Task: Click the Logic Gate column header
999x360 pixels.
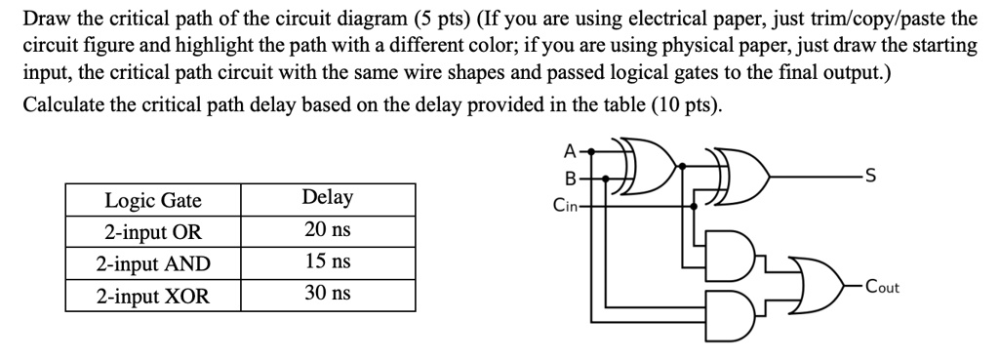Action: coord(153,201)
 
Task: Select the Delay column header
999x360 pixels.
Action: coord(328,197)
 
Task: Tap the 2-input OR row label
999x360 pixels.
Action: coord(153,232)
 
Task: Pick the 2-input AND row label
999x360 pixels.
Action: coord(153,263)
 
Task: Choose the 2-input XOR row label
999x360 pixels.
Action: coord(153,295)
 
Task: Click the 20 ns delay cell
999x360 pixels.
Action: coord(328,231)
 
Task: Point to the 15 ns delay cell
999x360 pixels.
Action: coord(328,262)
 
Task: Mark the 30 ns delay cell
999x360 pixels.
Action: coord(328,294)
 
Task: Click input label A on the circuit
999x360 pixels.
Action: coord(570,151)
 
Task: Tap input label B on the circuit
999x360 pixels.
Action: coord(571,179)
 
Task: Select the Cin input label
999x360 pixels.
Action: coord(565,206)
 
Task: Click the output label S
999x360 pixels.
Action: coord(871,178)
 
